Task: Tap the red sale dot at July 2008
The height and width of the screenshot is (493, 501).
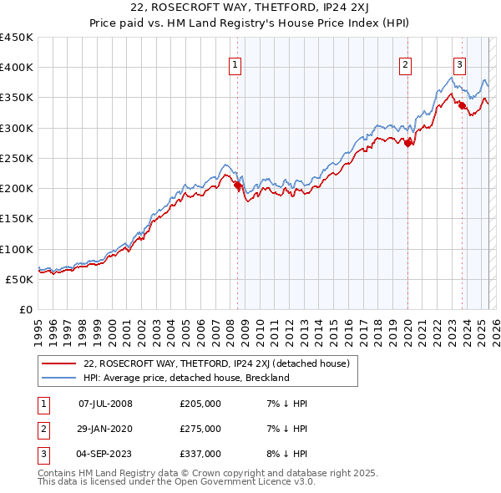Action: pos(237,186)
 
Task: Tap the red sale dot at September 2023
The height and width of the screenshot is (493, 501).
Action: pos(462,105)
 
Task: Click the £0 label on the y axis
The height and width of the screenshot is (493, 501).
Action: pos(26,309)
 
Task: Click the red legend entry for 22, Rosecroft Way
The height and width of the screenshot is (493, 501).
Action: pos(221,363)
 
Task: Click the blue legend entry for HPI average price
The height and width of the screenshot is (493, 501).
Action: pos(185,378)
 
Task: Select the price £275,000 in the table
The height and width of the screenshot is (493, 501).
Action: pos(200,429)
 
